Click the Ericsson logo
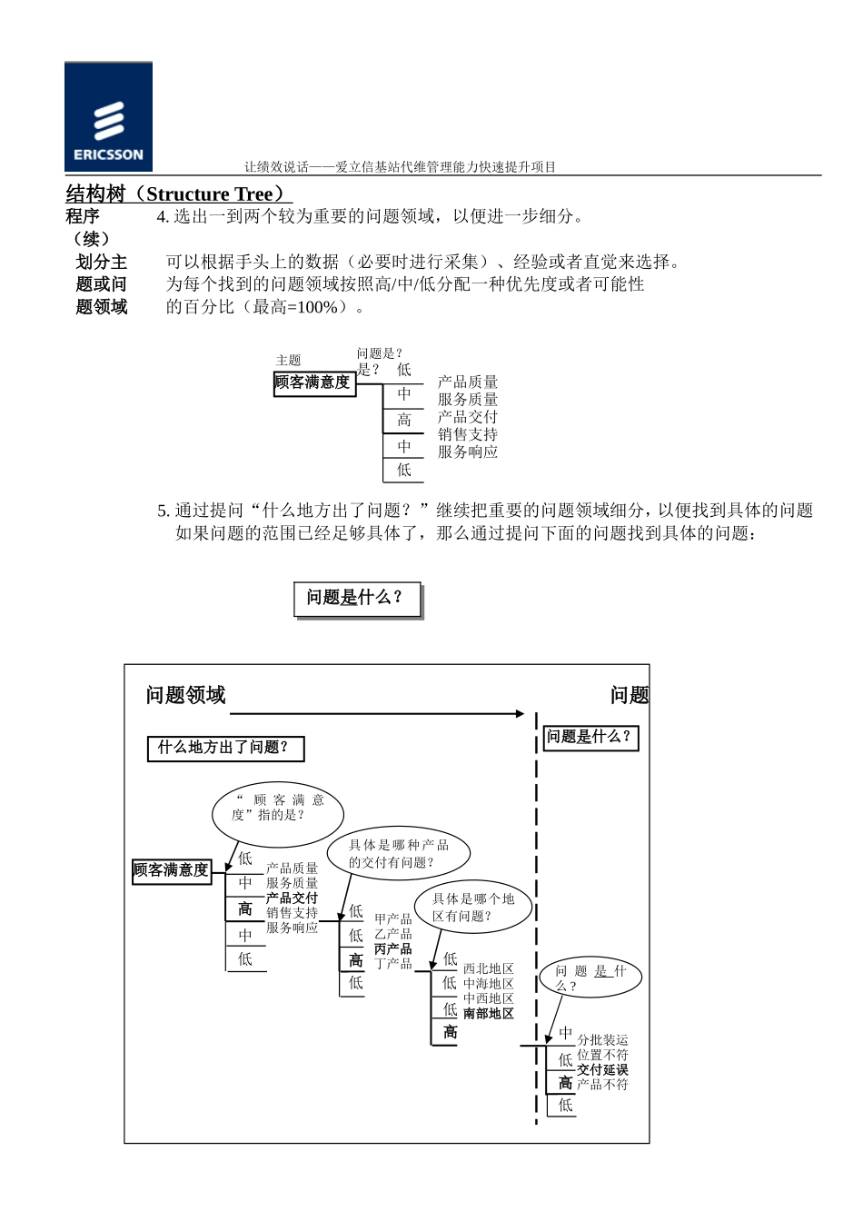[108, 117]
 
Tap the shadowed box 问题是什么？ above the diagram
[357, 599]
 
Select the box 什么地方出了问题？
[224, 748]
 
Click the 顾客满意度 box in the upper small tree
[312, 383]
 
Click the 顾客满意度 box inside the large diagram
[172, 870]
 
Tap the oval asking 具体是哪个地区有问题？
[473, 907]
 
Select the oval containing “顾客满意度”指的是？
[278, 808]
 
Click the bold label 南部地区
[489, 1013]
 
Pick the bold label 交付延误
[602, 1069]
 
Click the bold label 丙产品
[393, 948]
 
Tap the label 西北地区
[489, 969]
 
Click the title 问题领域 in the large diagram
[185, 696]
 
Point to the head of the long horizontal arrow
[521, 714]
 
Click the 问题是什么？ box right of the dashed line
[589, 737]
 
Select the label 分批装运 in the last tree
[602, 1040]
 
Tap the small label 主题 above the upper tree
[288, 361]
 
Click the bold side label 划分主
[101, 263]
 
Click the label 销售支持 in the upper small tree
[468, 434]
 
